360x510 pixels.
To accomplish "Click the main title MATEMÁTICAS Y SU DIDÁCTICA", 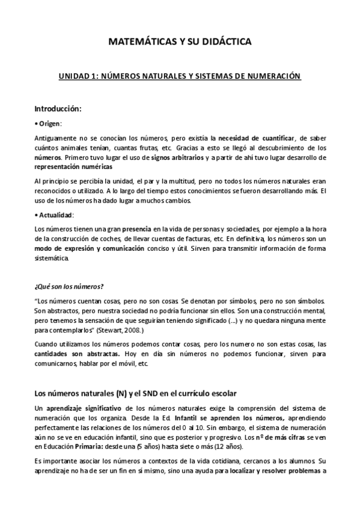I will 180,42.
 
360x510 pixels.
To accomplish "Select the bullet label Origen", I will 50,123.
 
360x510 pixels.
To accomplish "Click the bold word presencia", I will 136,229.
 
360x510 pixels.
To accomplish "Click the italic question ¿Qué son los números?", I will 70,286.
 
